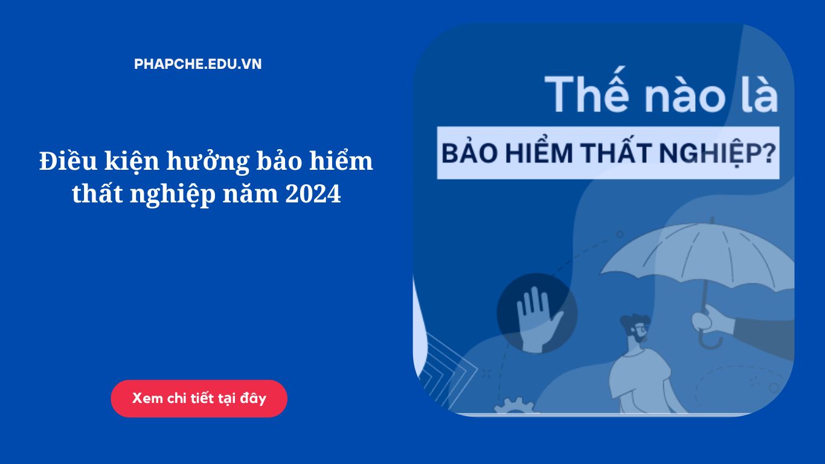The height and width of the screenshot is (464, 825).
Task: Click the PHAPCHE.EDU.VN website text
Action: point(197,64)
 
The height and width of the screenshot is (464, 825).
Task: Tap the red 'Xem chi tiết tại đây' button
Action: point(199,398)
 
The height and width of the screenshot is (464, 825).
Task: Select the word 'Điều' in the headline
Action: point(69,161)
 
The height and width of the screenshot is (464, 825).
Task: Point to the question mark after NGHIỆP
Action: point(769,153)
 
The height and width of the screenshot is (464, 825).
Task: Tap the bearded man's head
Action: point(635,327)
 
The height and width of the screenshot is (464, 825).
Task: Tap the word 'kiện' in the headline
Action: point(132,162)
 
